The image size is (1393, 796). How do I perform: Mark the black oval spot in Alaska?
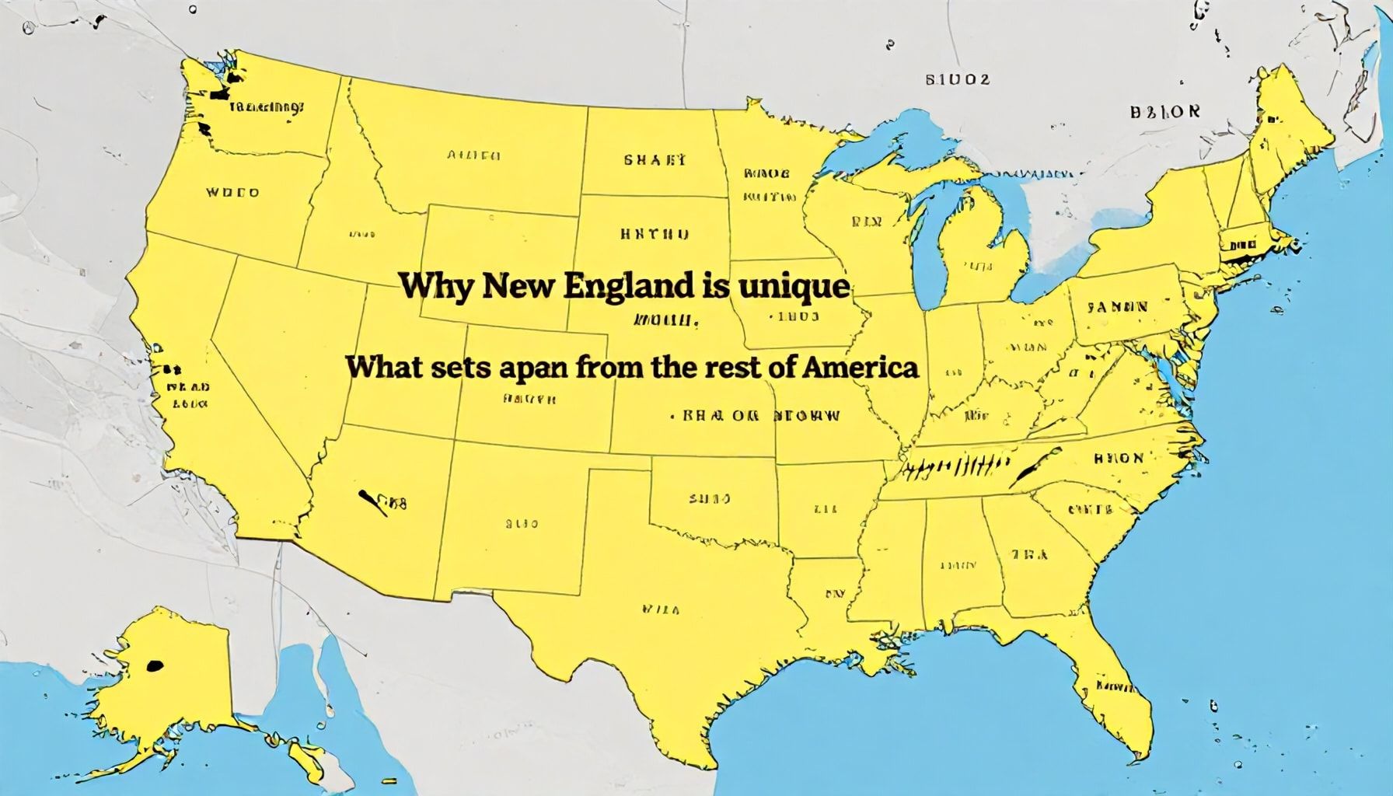point(155,665)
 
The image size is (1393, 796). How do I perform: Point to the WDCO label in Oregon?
point(232,192)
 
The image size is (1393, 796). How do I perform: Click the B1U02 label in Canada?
point(958,79)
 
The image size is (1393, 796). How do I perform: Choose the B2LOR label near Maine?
point(1164,111)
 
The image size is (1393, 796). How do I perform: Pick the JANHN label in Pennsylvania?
point(1118,306)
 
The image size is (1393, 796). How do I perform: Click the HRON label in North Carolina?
point(1119,458)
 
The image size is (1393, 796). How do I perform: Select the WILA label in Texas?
point(661,609)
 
